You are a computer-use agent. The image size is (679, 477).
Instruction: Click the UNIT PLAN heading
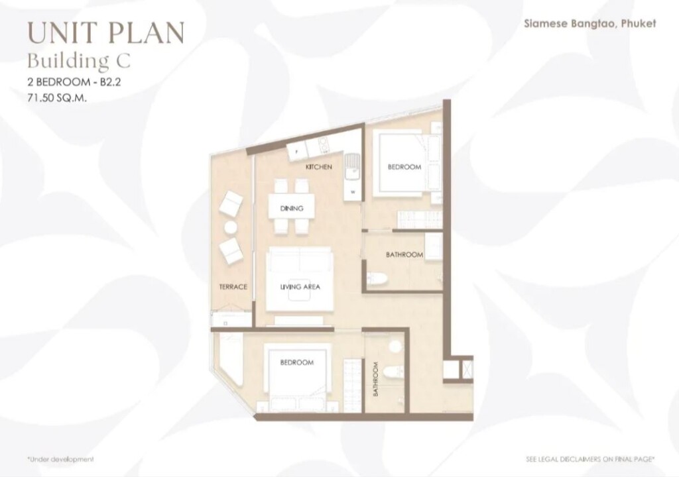tap(106, 33)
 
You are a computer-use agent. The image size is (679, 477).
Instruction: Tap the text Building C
tap(78, 61)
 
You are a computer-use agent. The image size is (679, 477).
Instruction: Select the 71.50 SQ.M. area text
tap(57, 98)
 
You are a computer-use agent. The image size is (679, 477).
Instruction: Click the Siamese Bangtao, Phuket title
tap(589, 23)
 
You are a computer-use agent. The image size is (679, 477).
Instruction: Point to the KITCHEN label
tap(319, 167)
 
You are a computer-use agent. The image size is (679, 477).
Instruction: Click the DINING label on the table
tap(292, 208)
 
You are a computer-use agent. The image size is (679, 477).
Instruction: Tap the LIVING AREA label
tap(300, 287)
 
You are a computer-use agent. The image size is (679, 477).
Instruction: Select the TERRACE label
tap(233, 287)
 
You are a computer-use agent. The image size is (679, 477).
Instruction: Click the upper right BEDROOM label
tap(404, 167)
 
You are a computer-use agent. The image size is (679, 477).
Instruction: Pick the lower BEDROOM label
tap(296, 362)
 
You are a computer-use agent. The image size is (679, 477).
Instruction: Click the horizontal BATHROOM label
tap(404, 254)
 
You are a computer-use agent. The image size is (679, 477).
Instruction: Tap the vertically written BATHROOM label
tap(375, 379)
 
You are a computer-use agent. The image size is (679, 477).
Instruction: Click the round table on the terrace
tap(231, 228)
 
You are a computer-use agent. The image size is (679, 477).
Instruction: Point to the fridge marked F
tap(296, 152)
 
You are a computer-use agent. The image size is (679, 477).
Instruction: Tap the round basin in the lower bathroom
tap(395, 346)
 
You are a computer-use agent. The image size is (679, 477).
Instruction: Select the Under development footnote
tap(60, 459)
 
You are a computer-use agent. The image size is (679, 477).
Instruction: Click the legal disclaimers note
tap(589, 459)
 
